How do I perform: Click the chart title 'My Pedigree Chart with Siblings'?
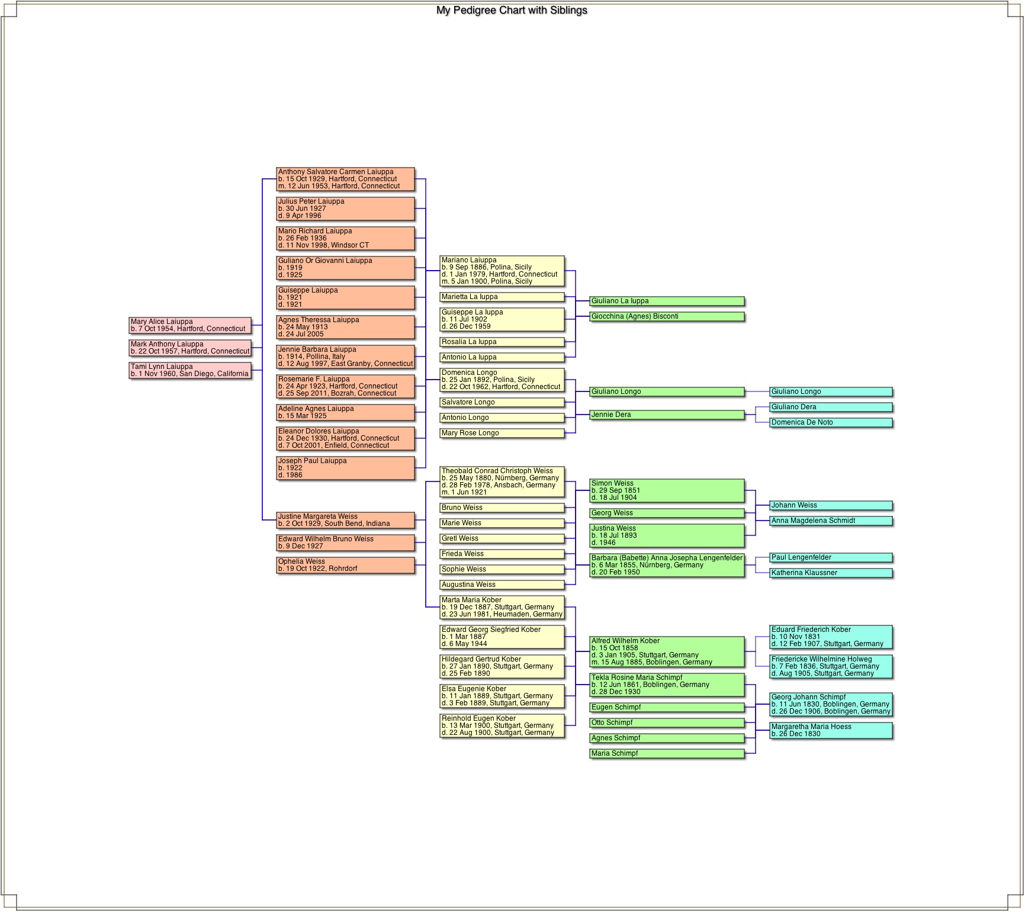(x=512, y=10)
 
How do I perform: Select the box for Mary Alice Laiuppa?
(x=190, y=325)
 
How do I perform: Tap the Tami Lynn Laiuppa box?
(x=190, y=370)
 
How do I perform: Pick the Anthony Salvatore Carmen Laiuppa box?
(x=345, y=179)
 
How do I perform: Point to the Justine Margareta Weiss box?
(x=345, y=520)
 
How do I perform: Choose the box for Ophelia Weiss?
(x=345, y=565)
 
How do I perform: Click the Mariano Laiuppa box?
(x=502, y=271)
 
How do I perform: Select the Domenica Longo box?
(x=502, y=380)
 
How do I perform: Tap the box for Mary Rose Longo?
(x=502, y=433)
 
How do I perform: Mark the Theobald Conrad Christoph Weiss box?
(x=502, y=481)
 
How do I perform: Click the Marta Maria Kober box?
(x=502, y=607)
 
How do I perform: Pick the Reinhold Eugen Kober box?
(x=502, y=725)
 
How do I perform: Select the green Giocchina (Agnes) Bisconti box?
(x=667, y=316)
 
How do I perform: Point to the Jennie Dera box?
(x=667, y=415)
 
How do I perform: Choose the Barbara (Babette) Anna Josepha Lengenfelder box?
(x=667, y=565)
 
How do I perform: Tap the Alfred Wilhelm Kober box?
(x=667, y=651)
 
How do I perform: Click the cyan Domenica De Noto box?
(x=831, y=422)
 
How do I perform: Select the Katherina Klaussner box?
(x=831, y=573)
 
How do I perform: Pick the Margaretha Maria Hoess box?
(x=831, y=730)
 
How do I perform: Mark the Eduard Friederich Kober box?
(x=831, y=637)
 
